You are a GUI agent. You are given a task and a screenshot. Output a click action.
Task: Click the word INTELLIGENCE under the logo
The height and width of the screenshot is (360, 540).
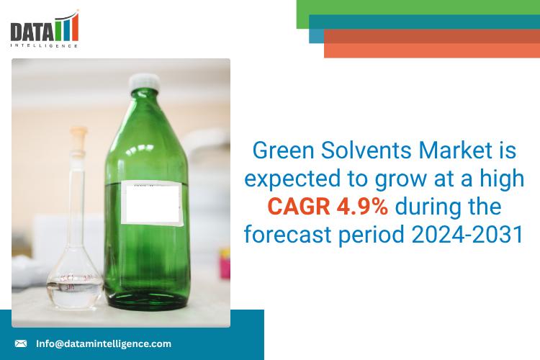[45, 45]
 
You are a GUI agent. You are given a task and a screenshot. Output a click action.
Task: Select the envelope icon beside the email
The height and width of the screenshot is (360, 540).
[21, 343]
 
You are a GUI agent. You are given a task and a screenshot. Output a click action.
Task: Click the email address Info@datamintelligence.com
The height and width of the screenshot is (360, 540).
[104, 343]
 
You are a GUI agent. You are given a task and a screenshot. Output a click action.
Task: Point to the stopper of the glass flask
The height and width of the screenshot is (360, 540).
[78, 135]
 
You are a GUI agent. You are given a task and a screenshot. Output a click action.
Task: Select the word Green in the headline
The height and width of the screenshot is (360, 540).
[283, 152]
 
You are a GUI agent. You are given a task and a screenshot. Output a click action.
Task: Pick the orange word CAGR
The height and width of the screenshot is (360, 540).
[298, 207]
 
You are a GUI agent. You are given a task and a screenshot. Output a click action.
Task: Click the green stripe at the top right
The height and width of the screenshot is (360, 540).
[418, 8]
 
